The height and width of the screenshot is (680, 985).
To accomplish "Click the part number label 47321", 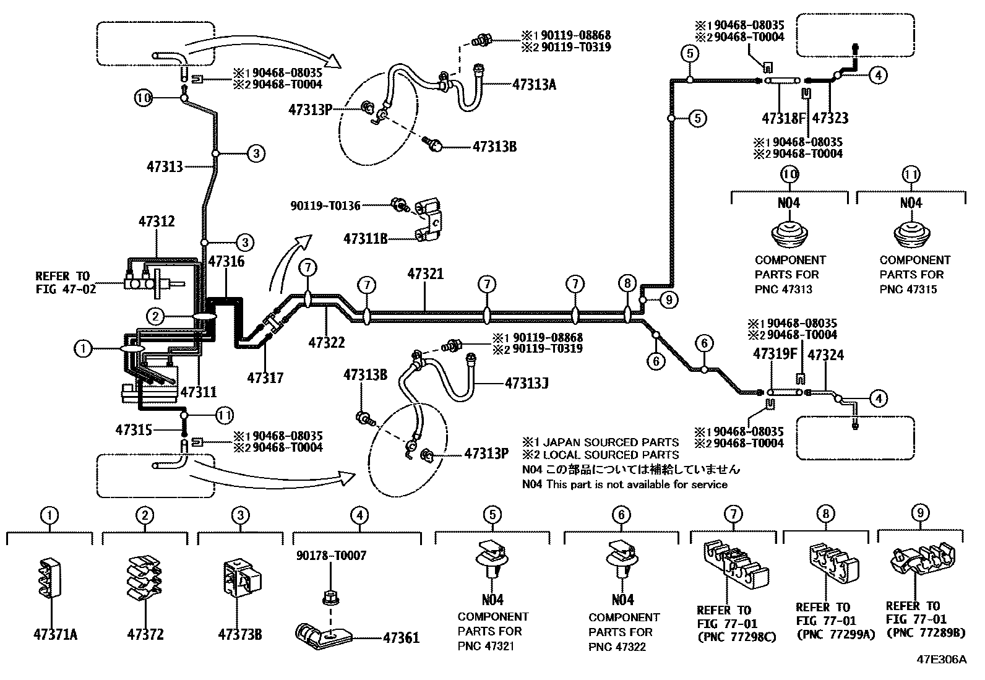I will tap(426, 273).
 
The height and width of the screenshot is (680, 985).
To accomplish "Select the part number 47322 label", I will tap(327, 342).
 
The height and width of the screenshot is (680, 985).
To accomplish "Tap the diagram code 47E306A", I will tap(941, 660).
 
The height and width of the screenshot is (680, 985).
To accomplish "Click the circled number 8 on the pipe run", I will tap(627, 284).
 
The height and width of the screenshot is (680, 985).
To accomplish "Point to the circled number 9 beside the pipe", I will tap(668, 300).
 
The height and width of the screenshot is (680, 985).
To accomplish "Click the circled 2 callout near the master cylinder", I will tap(155, 317).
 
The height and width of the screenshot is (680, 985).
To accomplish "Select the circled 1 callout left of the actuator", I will tap(82, 348).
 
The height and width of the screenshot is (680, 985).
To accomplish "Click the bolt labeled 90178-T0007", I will tap(329, 598).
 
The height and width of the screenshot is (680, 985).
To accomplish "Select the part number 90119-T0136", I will tap(326, 205).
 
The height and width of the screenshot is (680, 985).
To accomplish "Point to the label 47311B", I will tap(366, 238).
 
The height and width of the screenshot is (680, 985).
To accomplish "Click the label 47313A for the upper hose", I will tap(534, 85).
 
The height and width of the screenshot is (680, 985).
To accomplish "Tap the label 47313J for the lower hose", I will tap(527, 384).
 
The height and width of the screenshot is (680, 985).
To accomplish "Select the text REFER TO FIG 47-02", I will tap(64, 282).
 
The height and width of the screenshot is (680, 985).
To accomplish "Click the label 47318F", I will tap(784, 118).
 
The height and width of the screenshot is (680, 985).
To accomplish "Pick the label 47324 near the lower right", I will tap(825, 355).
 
